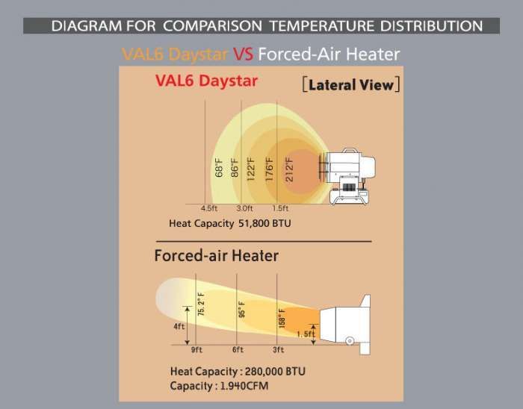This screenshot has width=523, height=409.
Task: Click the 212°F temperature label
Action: click(x=289, y=169)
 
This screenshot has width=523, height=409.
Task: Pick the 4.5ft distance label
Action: click(x=210, y=207)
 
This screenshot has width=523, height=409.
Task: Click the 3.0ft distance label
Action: click(x=244, y=207)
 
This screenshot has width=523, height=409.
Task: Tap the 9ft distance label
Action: click(x=197, y=349)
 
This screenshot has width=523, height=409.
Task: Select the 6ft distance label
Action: click(x=238, y=349)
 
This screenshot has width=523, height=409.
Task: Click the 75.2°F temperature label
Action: click(x=200, y=304)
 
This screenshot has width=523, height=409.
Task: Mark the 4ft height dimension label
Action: click(x=180, y=325)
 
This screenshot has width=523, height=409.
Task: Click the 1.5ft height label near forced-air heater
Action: click(x=304, y=334)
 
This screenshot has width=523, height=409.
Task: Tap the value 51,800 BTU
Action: click(x=265, y=222)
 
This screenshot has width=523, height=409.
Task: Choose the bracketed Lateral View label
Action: click(x=350, y=84)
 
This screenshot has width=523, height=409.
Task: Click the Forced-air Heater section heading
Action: click(x=217, y=256)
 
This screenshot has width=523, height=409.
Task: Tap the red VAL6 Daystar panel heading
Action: click(x=206, y=81)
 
